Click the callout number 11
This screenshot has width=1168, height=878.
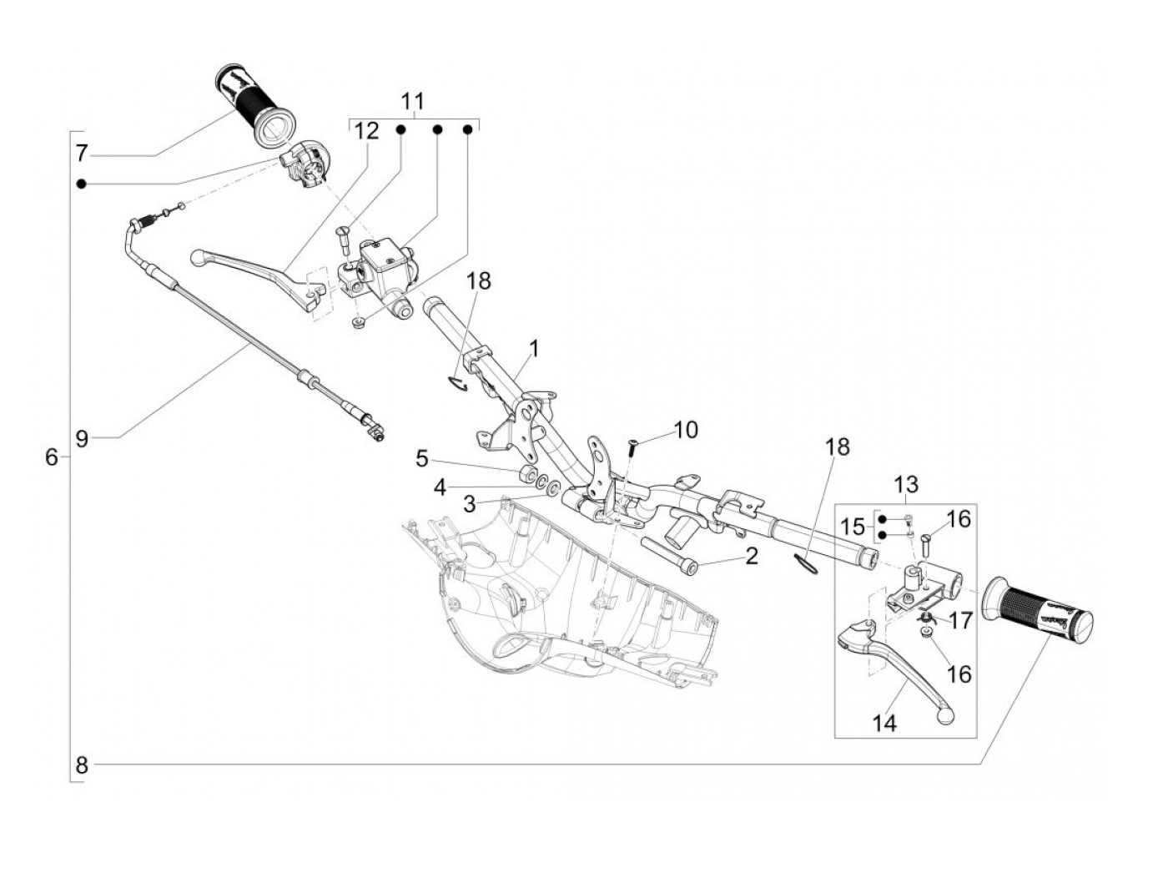(412, 101)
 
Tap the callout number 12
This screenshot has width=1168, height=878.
(366, 131)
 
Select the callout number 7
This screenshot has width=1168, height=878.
(81, 154)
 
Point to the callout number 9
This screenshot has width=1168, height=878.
(82, 439)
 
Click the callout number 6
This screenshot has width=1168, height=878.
(51, 457)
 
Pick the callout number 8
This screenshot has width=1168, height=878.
(82, 765)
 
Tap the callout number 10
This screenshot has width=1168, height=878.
(686, 430)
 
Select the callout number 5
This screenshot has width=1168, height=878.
(422, 459)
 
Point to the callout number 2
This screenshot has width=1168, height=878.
(751, 557)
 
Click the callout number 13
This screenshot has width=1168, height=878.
(906, 485)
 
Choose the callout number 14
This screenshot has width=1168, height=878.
(884, 724)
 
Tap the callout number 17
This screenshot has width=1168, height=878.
(961, 621)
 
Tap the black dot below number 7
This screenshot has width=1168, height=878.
(81, 184)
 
